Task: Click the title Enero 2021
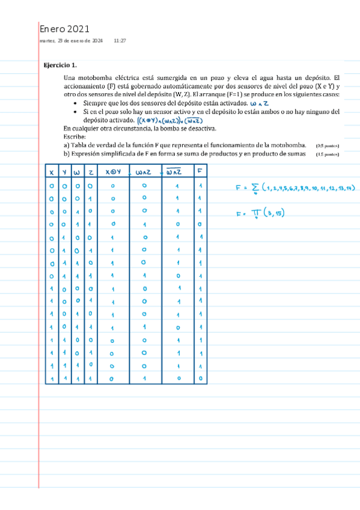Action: click(64, 29)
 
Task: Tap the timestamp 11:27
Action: click(120, 41)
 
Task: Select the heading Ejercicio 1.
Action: click(61, 65)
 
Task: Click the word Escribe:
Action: click(75, 137)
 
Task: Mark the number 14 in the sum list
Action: click(350, 189)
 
